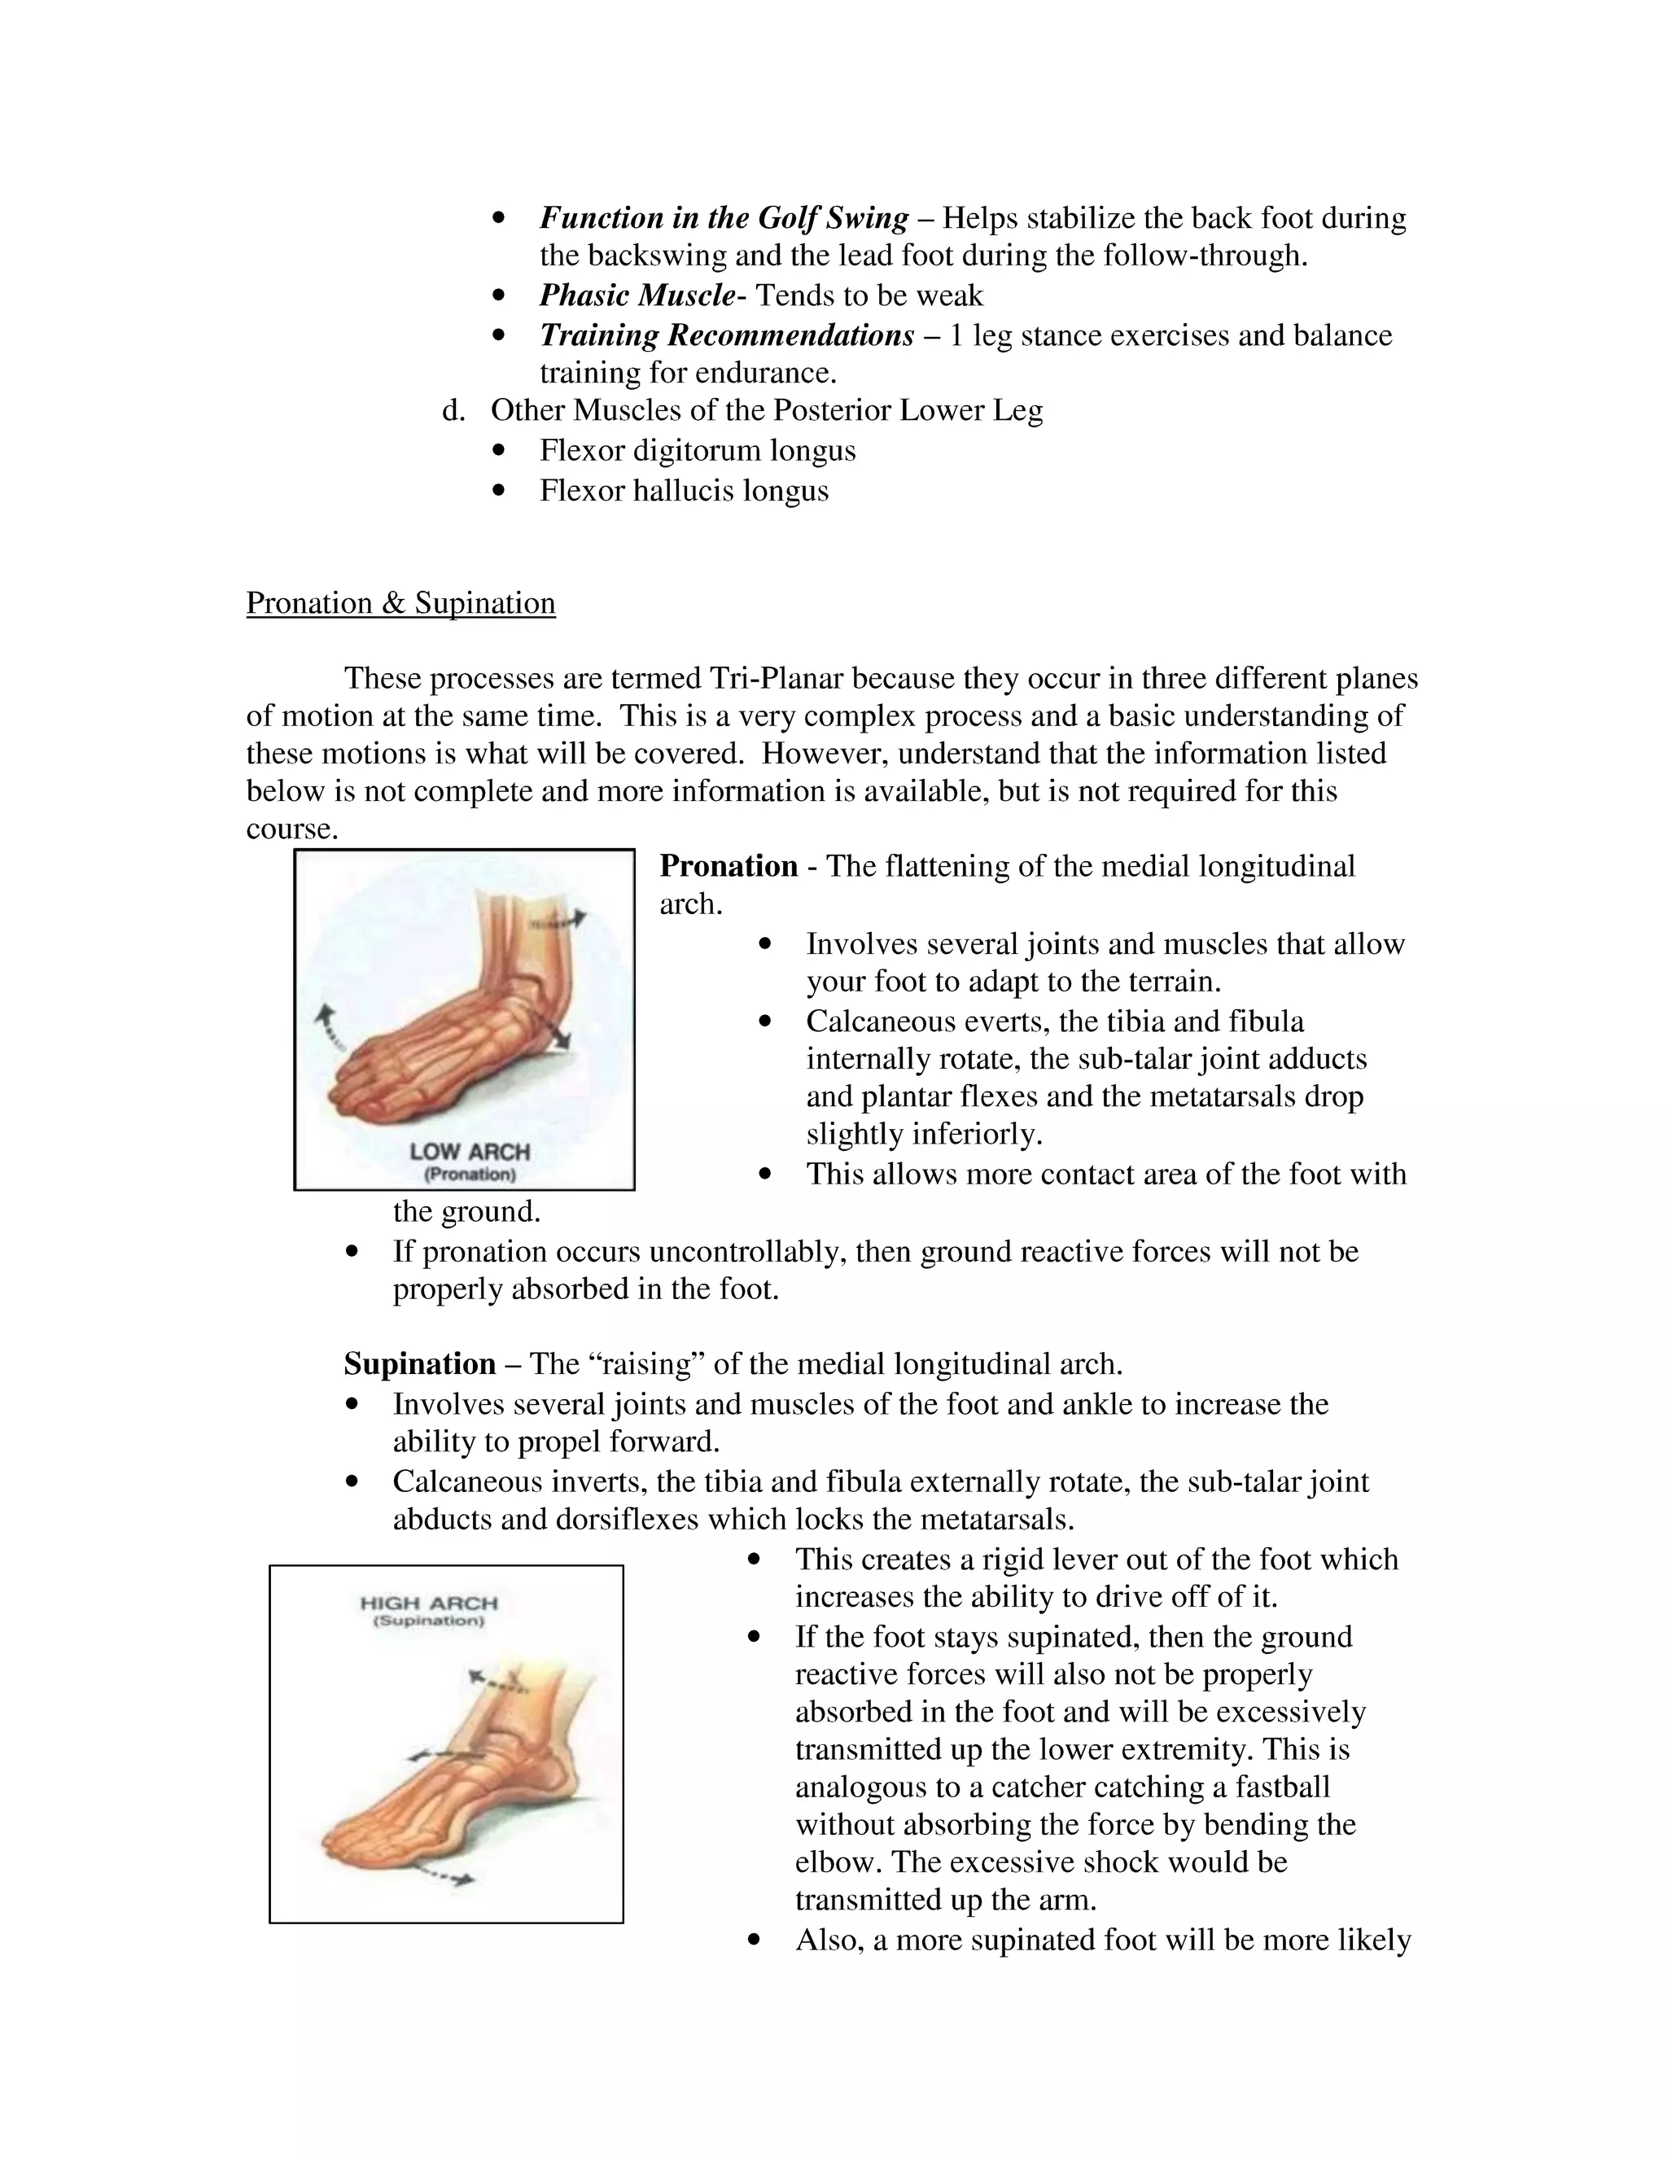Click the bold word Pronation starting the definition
click(728, 866)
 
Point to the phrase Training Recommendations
click(726, 336)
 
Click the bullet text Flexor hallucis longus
click(684, 491)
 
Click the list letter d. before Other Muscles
click(453, 411)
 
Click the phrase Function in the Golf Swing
click(723, 218)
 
